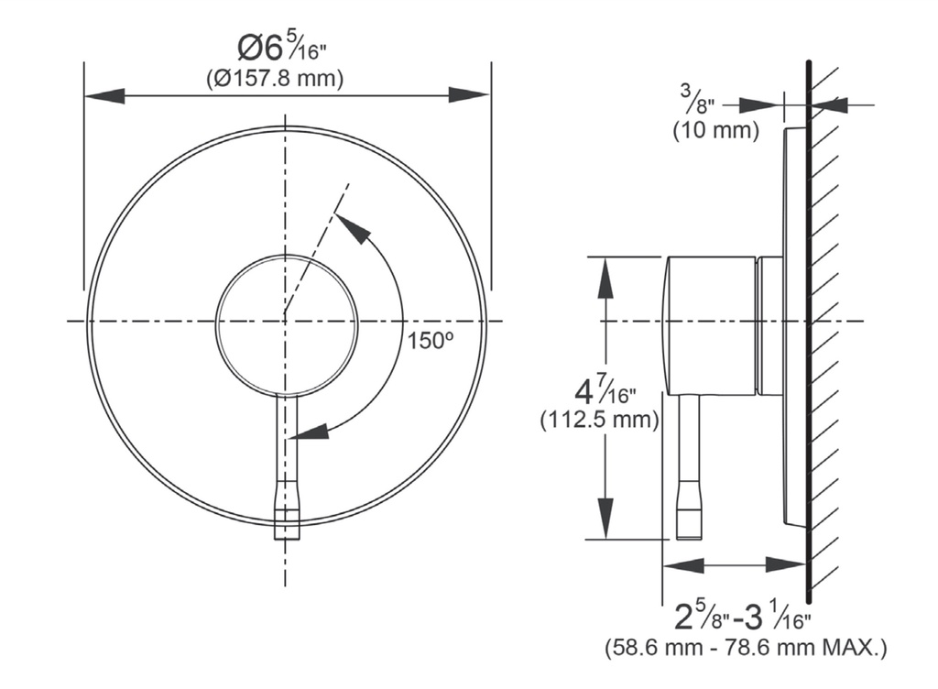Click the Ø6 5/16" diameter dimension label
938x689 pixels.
[x=282, y=48]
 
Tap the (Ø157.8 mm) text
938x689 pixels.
[x=275, y=78]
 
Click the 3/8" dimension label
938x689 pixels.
[x=697, y=99]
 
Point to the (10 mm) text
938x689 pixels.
[x=716, y=130]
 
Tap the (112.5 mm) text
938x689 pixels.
[x=600, y=420]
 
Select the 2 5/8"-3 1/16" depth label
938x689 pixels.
[x=742, y=617]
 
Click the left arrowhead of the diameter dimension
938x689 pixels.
[x=104, y=95]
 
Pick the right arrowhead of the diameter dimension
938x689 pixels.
[x=469, y=95]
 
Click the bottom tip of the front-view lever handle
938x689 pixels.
[x=287, y=539]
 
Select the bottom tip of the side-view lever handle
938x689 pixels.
[x=688, y=539]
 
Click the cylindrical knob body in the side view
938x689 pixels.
[x=710, y=326]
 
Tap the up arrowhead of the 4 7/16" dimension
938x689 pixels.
[x=606, y=277]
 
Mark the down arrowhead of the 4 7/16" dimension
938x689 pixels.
[x=606, y=519]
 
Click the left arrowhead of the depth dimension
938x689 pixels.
[x=683, y=564]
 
